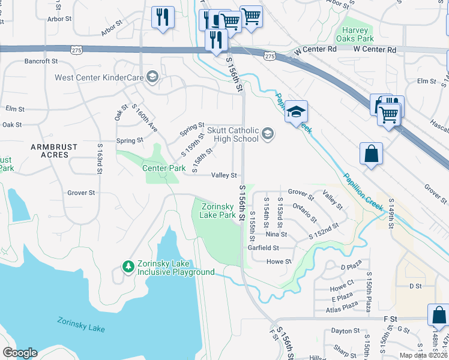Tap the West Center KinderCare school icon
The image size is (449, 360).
[x=152, y=77]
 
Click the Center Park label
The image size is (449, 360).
[x=164, y=168]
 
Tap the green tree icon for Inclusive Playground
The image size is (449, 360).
[x=127, y=266]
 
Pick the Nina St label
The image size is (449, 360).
[x=276, y=235]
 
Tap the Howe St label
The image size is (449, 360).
[x=279, y=262]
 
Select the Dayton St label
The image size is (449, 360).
[x=345, y=331]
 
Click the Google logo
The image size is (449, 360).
[x=20, y=352]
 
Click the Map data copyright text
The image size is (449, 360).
[x=423, y=355]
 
